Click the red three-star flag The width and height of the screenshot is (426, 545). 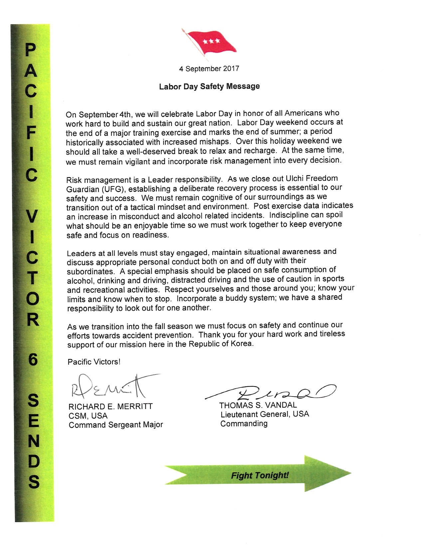pos(211,43)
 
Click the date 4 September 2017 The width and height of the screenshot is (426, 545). pos(209,69)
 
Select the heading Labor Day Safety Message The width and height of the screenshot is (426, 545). pos(209,86)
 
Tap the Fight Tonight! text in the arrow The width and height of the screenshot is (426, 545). pos(260,475)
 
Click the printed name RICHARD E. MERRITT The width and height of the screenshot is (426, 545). pos(110,406)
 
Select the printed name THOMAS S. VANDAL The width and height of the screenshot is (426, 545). pos(258,405)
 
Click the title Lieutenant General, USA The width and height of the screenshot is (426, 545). pos(265,414)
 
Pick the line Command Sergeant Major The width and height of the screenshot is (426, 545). pos(116,425)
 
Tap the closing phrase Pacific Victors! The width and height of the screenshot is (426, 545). pos(94,362)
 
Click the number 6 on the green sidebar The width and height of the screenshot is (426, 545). pos(33,360)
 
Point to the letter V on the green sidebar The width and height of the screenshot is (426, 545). pos(31,218)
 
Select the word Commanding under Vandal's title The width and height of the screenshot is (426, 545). pos(244,423)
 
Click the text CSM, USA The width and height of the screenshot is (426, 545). pos(88,416)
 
